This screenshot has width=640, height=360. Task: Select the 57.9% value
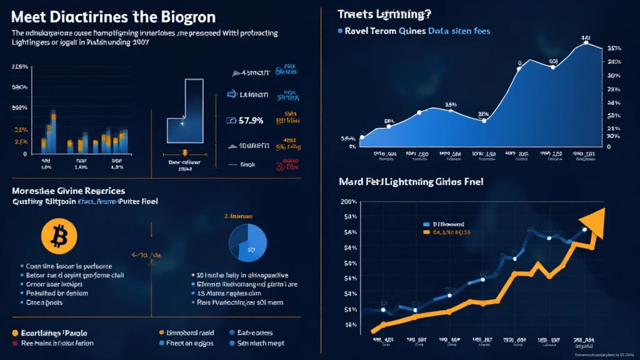click(x=251, y=120)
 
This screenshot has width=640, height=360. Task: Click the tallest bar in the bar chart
click(x=52, y=131)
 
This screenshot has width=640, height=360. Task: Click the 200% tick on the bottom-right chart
click(x=349, y=202)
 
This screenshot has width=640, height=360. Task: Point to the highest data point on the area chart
click(x=585, y=42)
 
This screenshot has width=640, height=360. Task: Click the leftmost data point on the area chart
click(x=361, y=137)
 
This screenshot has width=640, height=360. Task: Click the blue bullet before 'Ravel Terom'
click(x=339, y=30)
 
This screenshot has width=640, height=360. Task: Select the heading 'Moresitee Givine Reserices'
click(x=67, y=190)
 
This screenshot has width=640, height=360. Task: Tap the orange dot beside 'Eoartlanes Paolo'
click(x=14, y=332)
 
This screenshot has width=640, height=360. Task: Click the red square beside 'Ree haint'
click(x=14, y=343)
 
